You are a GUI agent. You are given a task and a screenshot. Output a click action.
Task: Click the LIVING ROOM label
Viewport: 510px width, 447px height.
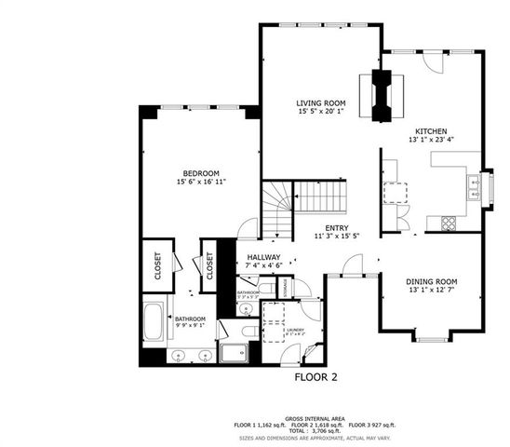coord(320,103)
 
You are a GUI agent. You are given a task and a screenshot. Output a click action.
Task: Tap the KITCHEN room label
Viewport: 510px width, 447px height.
coord(431,131)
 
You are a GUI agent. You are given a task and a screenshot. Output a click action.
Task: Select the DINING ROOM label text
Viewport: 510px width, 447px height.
coord(431,281)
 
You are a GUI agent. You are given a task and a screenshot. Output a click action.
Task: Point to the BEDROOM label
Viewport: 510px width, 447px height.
coord(200,173)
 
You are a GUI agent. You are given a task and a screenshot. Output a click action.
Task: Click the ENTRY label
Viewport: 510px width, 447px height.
coord(336,228)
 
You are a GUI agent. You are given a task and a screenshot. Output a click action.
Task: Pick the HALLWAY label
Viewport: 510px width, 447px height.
coord(264,257)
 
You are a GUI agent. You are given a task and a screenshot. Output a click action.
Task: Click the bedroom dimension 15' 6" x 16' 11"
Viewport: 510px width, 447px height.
coord(200,183)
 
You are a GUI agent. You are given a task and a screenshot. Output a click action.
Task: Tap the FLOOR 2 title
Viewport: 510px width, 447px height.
coord(315,378)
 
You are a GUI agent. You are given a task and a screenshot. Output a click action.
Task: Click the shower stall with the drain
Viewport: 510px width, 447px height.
coord(235,355)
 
